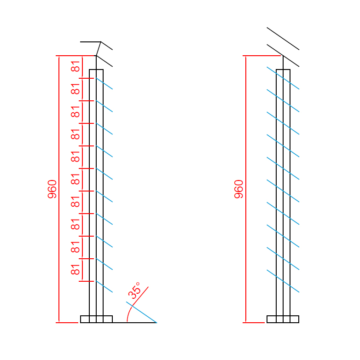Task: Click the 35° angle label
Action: pyautogui.click(x=134, y=291)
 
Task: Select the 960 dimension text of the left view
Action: pyautogui.click(x=52, y=189)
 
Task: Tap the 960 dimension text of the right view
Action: pyautogui.click(x=239, y=189)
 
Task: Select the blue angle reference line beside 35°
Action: pyautogui.click(x=141, y=312)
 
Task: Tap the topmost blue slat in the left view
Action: pyautogui.click(x=105, y=84)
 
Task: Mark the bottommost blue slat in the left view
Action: pyautogui.click(x=105, y=287)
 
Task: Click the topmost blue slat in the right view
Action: pyautogui.click(x=283, y=78)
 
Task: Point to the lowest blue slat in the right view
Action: pyautogui.click(x=283, y=281)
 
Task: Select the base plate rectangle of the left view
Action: pyautogui.click(x=96, y=319)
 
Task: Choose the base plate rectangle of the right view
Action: pyautogui.click(x=283, y=319)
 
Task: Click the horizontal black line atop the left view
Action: pyautogui.click(x=90, y=42)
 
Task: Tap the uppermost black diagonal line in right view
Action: pyautogui.click(x=283, y=39)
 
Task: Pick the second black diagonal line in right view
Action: pyautogui.click(x=283, y=56)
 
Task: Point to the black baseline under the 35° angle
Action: pyautogui.click(x=138, y=322)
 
